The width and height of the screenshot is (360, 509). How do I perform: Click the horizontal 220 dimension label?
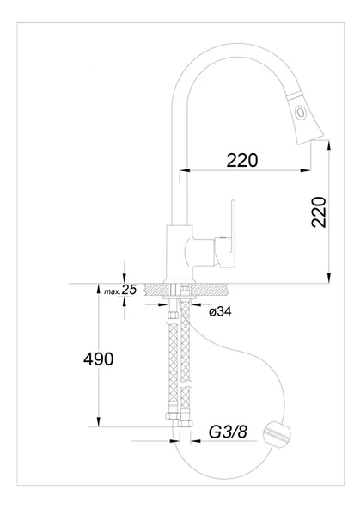click(x=243, y=159)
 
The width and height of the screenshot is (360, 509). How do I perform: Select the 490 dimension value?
click(x=97, y=359)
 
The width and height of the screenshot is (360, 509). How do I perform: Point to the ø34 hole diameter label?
click(x=221, y=311)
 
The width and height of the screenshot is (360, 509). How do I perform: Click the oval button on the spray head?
click(x=300, y=112)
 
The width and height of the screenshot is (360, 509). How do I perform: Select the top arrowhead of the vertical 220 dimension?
click(x=330, y=147)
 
